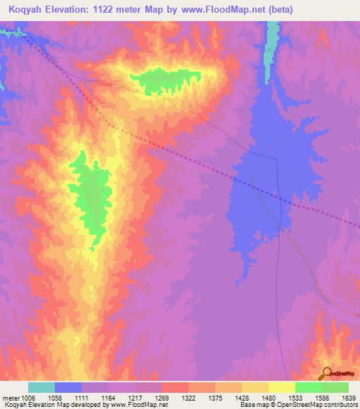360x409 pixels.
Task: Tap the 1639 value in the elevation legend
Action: pos(337,397)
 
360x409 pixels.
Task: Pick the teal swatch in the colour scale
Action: pos(41,387)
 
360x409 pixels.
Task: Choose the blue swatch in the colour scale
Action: pos(68,387)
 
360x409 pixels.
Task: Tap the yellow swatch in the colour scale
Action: pos(281,387)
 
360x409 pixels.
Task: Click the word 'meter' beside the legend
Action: pos(11,397)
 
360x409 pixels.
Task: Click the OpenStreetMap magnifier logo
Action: pos(327,373)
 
